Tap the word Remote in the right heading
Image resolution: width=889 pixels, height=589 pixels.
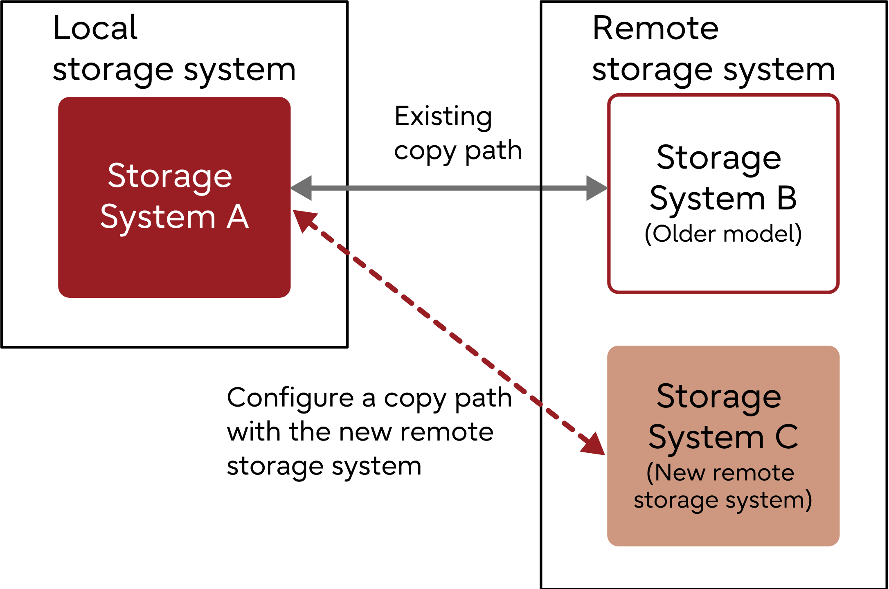pos(655,29)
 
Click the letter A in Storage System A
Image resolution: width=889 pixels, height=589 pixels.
pos(238,217)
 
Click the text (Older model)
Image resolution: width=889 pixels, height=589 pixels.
pos(723,234)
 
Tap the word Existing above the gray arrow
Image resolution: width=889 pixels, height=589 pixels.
pos(443,117)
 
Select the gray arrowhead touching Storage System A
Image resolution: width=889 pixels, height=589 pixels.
pos(302,188)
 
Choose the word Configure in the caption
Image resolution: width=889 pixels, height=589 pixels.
pos(290,398)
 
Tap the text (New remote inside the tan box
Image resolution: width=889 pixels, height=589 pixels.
pos(720,473)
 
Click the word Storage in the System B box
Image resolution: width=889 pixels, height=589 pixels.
pos(719,159)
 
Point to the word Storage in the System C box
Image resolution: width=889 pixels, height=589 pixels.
pos(719,397)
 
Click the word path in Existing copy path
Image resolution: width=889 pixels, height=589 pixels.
pos(493,151)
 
